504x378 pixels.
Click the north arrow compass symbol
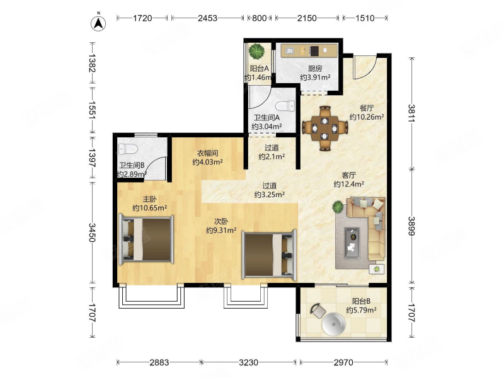(x=99, y=23)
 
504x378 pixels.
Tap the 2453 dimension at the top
(x=208, y=18)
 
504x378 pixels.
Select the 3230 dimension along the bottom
(x=248, y=363)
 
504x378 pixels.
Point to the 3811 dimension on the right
(x=411, y=113)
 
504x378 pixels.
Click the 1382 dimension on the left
(x=92, y=64)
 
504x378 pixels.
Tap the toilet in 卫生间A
(x=285, y=106)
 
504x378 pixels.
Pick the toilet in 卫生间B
(x=128, y=149)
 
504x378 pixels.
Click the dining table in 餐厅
(x=325, y=128)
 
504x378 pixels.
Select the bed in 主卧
(x=146, y=239)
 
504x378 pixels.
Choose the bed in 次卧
(x=269, y=255)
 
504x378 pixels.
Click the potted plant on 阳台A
(x=257, y=51)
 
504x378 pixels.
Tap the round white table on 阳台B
(x=334, y=324)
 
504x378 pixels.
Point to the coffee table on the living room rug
(x=352, y=243)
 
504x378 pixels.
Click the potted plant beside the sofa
(x=338, y=207)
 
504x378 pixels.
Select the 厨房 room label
(x=315, y=69)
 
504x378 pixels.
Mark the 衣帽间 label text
(x=208, y=153)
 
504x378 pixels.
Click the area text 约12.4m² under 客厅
(x=349, y=184)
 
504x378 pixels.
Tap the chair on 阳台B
(x=318, y=311)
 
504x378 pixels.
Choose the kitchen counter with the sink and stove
(x=309, y=50)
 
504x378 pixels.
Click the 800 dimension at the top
(x=259, y=18)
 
